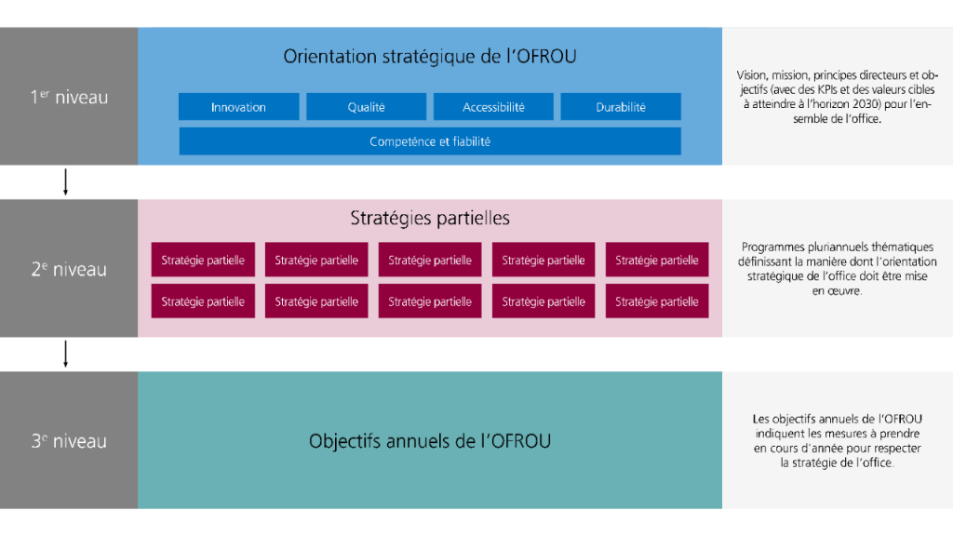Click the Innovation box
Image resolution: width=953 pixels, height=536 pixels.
point(238,107)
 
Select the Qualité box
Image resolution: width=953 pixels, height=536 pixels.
point(366,107)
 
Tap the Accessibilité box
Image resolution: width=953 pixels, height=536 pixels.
point(493,107)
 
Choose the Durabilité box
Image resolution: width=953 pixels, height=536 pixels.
point(621,107)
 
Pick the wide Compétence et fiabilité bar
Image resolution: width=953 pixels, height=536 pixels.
point(429,141)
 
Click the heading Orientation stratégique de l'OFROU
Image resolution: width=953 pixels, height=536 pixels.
point(429,57)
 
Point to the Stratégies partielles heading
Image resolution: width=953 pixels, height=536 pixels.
point(429,219)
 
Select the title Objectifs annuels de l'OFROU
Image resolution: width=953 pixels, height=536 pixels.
point(429,441)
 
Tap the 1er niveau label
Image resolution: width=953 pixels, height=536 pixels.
point(69,97)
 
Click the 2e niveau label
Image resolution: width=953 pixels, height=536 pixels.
point(69,270)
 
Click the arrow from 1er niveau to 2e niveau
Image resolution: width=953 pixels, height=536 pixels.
point(65,182)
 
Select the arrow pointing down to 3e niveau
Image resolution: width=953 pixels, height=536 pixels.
point(65,355)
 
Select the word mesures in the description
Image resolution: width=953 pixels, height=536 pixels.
point(846,434)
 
